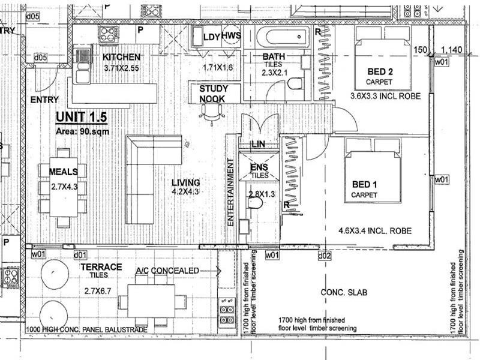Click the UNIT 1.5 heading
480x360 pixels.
tap(82, 117)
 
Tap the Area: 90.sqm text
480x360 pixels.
tap(82, 131)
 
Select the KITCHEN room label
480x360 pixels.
tap(122, 57)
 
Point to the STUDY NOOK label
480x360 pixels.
tap(214, 94)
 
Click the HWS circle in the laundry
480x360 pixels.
tap(231, 36)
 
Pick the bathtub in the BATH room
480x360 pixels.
tap(283, 37)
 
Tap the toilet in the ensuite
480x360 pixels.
tap(254, 202)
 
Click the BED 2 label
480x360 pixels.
tap(380, 71)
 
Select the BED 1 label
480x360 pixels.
tap(364, 184)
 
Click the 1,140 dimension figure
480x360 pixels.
tap(452, 50)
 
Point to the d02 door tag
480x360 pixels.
tap(325, 256)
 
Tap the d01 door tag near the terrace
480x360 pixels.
tap(80, 254)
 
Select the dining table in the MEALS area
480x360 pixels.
tap(64, 187)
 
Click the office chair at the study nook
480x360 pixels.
tap(212, 114)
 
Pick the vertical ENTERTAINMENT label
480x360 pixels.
tap(231, 192)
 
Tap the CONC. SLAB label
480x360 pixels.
tap(344, 292)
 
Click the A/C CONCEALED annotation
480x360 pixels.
tap(167, 271)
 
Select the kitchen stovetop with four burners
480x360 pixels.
tap(108, 34)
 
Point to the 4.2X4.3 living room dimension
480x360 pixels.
tap(185, 191)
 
